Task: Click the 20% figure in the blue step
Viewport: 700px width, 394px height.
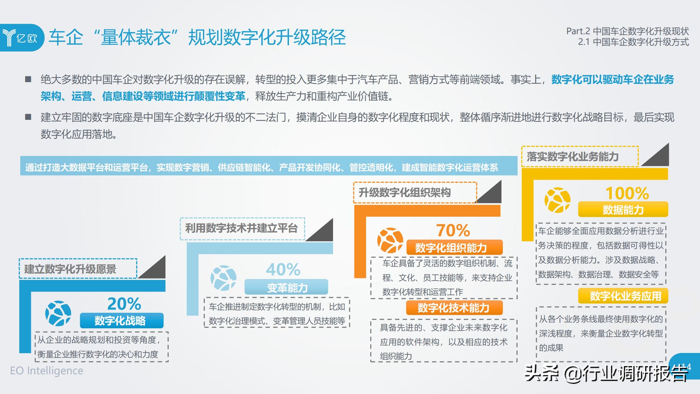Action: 124,304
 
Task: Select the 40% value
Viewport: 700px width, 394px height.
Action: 283,270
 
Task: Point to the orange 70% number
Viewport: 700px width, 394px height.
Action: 453,230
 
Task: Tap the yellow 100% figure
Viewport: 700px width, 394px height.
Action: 627,193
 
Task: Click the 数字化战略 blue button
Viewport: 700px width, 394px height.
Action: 122,321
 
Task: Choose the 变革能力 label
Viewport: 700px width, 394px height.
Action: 286,287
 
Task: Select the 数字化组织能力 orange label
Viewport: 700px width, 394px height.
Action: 454,248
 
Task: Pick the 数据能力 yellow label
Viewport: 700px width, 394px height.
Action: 623,210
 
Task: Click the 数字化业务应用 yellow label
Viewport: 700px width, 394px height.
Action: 623,296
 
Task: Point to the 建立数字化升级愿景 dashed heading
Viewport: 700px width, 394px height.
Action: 78,269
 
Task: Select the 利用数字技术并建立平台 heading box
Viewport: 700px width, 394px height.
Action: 243,229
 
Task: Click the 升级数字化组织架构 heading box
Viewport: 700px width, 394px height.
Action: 415,193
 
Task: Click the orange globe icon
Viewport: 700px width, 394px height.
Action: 390,240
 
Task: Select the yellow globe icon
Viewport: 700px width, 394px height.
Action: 558,200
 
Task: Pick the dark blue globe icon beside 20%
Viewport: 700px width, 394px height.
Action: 58,314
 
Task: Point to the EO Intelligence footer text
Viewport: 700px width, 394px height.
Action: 47,371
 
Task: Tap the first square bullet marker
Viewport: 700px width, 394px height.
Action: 28,79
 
